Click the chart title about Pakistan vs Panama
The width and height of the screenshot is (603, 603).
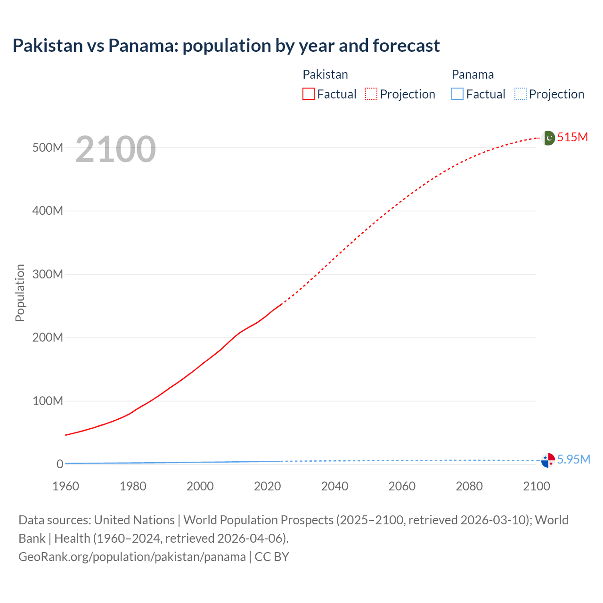[x=226, y=46]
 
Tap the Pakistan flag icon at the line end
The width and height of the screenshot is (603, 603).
[x=548, y=138]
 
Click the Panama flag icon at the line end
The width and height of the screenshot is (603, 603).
[x=548, y=460]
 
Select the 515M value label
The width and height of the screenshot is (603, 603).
[x=572, y=137]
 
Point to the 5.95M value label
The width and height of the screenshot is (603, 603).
[x=573, y=459]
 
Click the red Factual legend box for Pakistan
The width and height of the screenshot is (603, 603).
[x=309, y=94]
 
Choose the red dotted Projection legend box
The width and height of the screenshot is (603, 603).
[x=371, y=94]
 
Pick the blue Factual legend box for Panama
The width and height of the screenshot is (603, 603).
[x=457, y=94]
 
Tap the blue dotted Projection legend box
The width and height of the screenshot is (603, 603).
[x=521, y=94]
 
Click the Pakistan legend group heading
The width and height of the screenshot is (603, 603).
[x=325, y=74]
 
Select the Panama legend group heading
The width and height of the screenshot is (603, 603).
[x=473, y=74]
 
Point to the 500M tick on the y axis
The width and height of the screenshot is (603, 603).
[x=48, y=147]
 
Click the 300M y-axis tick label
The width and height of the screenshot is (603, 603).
[x=48, y=274]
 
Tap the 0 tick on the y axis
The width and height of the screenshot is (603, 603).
[x=59, y=464]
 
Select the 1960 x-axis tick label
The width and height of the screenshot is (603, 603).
[x=65, y=486]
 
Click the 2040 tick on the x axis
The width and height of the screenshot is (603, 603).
[x=334, y=486]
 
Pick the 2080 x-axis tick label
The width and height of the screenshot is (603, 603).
[x=469, y=486]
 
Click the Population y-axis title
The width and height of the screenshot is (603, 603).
[x=20, y=293]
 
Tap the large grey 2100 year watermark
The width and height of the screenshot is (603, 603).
[x=115, y=149]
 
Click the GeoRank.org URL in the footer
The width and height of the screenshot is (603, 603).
[x=132, y=556]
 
